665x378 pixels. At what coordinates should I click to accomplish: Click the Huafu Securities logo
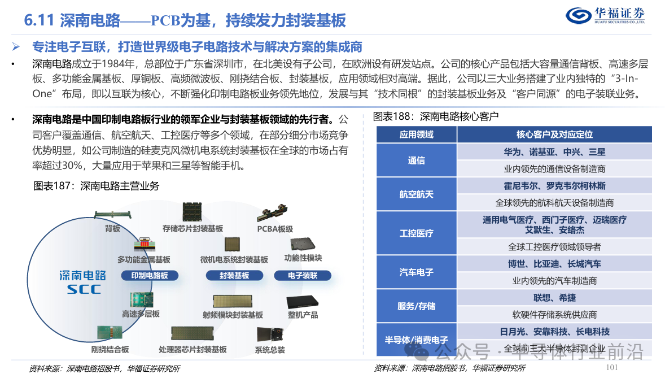coord(605,16)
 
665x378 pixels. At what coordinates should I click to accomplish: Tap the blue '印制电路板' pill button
coord(150,276)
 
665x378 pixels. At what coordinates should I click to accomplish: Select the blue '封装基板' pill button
coord(234,276)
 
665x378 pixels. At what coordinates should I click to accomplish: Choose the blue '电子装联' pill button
coord(303,276)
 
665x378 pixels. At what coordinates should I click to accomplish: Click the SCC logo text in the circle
coord(84,289)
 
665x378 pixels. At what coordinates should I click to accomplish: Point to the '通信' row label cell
coord(417,160)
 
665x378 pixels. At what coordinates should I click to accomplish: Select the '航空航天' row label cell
coord(417,194)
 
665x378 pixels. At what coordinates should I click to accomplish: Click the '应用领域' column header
coord(417,134)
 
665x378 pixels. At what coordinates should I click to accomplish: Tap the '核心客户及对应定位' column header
coord(554,134)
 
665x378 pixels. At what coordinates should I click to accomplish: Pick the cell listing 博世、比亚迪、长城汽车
coord(554,264)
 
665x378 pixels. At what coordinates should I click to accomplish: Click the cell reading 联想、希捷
coord(554,298)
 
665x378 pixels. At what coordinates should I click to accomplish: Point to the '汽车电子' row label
coord(417,272)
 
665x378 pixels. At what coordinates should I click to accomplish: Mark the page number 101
coord(611,367)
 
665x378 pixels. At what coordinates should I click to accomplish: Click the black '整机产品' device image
coord(303,302)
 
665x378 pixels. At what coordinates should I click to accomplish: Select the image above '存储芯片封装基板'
coord(192,211)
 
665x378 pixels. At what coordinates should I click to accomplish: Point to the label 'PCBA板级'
coord(275,229)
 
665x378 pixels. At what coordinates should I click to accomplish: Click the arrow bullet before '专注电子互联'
coord(16,46)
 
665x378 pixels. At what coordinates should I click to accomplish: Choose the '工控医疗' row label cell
coord(417,233)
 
